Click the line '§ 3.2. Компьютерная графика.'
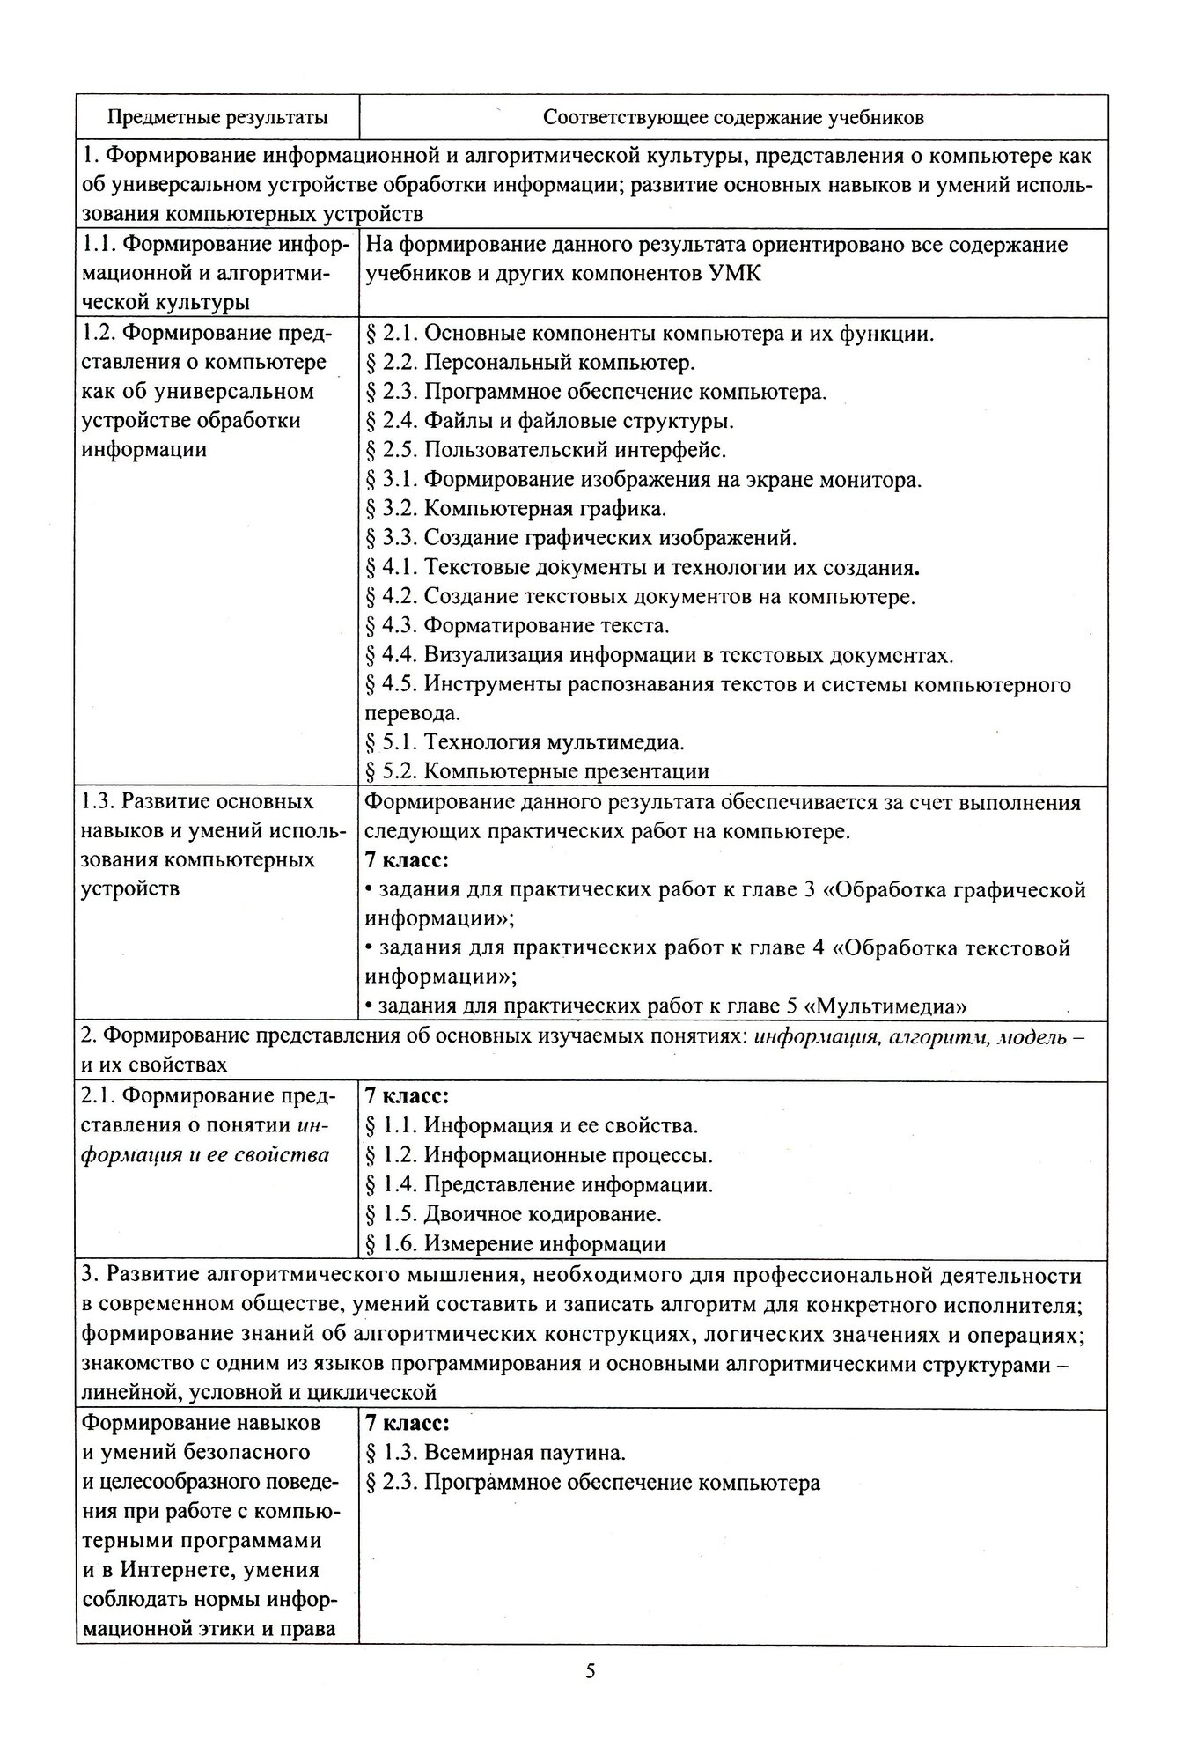515,509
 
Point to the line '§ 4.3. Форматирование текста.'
517,626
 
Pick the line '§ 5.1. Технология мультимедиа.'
525,742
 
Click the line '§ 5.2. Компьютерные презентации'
537,771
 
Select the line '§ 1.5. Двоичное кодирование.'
512,1214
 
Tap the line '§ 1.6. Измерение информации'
515,1243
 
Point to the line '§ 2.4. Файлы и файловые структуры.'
549,421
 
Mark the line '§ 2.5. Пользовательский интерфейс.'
546,450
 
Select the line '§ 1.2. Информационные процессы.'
538,1155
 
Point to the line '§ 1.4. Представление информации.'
538,1184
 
